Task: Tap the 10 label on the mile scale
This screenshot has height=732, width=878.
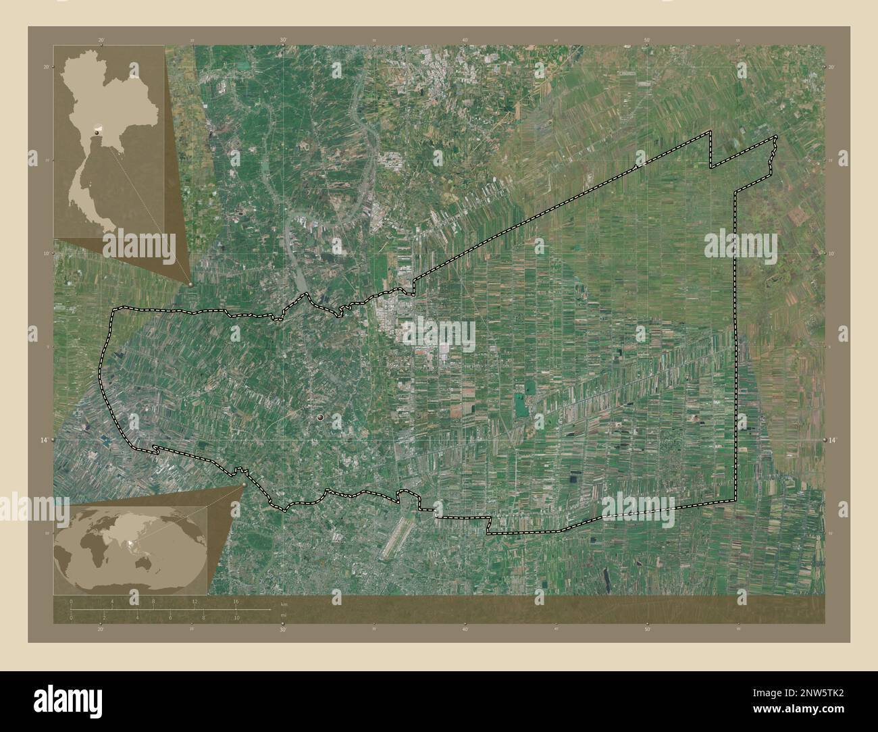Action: [236, 618]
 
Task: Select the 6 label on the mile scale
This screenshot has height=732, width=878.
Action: [170, 618]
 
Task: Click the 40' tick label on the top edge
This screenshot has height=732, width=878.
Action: [465, 41]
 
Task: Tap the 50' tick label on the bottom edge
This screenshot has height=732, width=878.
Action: [646, 629]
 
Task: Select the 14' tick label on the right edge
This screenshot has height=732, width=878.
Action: [833, 440]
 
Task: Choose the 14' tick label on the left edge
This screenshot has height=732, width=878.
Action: [44, 440]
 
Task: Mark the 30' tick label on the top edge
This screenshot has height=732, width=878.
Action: [283, 41]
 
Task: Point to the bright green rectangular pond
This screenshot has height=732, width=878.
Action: [521, 404]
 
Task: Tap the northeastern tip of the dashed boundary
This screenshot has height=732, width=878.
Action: [775, 138]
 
